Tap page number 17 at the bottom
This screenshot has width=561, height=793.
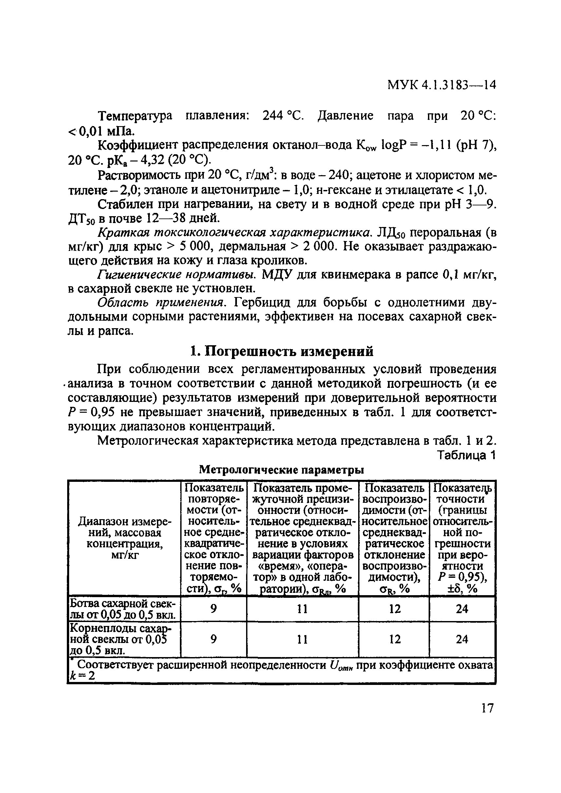click(x=487, y=708)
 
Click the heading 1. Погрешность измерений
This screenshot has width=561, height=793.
click(x=282, y=351)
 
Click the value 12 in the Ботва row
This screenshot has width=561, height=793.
click(x=394, y=609)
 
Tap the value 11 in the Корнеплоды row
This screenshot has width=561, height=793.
click(x=302, y=640)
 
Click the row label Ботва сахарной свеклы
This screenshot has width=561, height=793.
click(x=124, y=609)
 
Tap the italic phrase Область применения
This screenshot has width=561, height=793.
click(x=162, y=303)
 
